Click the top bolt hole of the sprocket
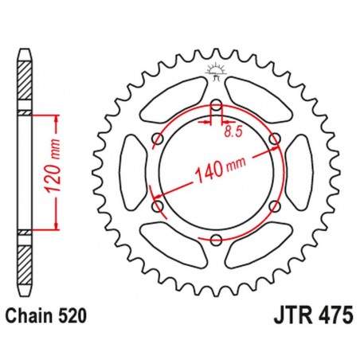click(217, 103)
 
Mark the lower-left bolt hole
click(158, 206)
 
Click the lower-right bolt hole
click(276, 206)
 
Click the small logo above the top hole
click(217, 72)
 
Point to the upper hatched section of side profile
click(25, 84)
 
